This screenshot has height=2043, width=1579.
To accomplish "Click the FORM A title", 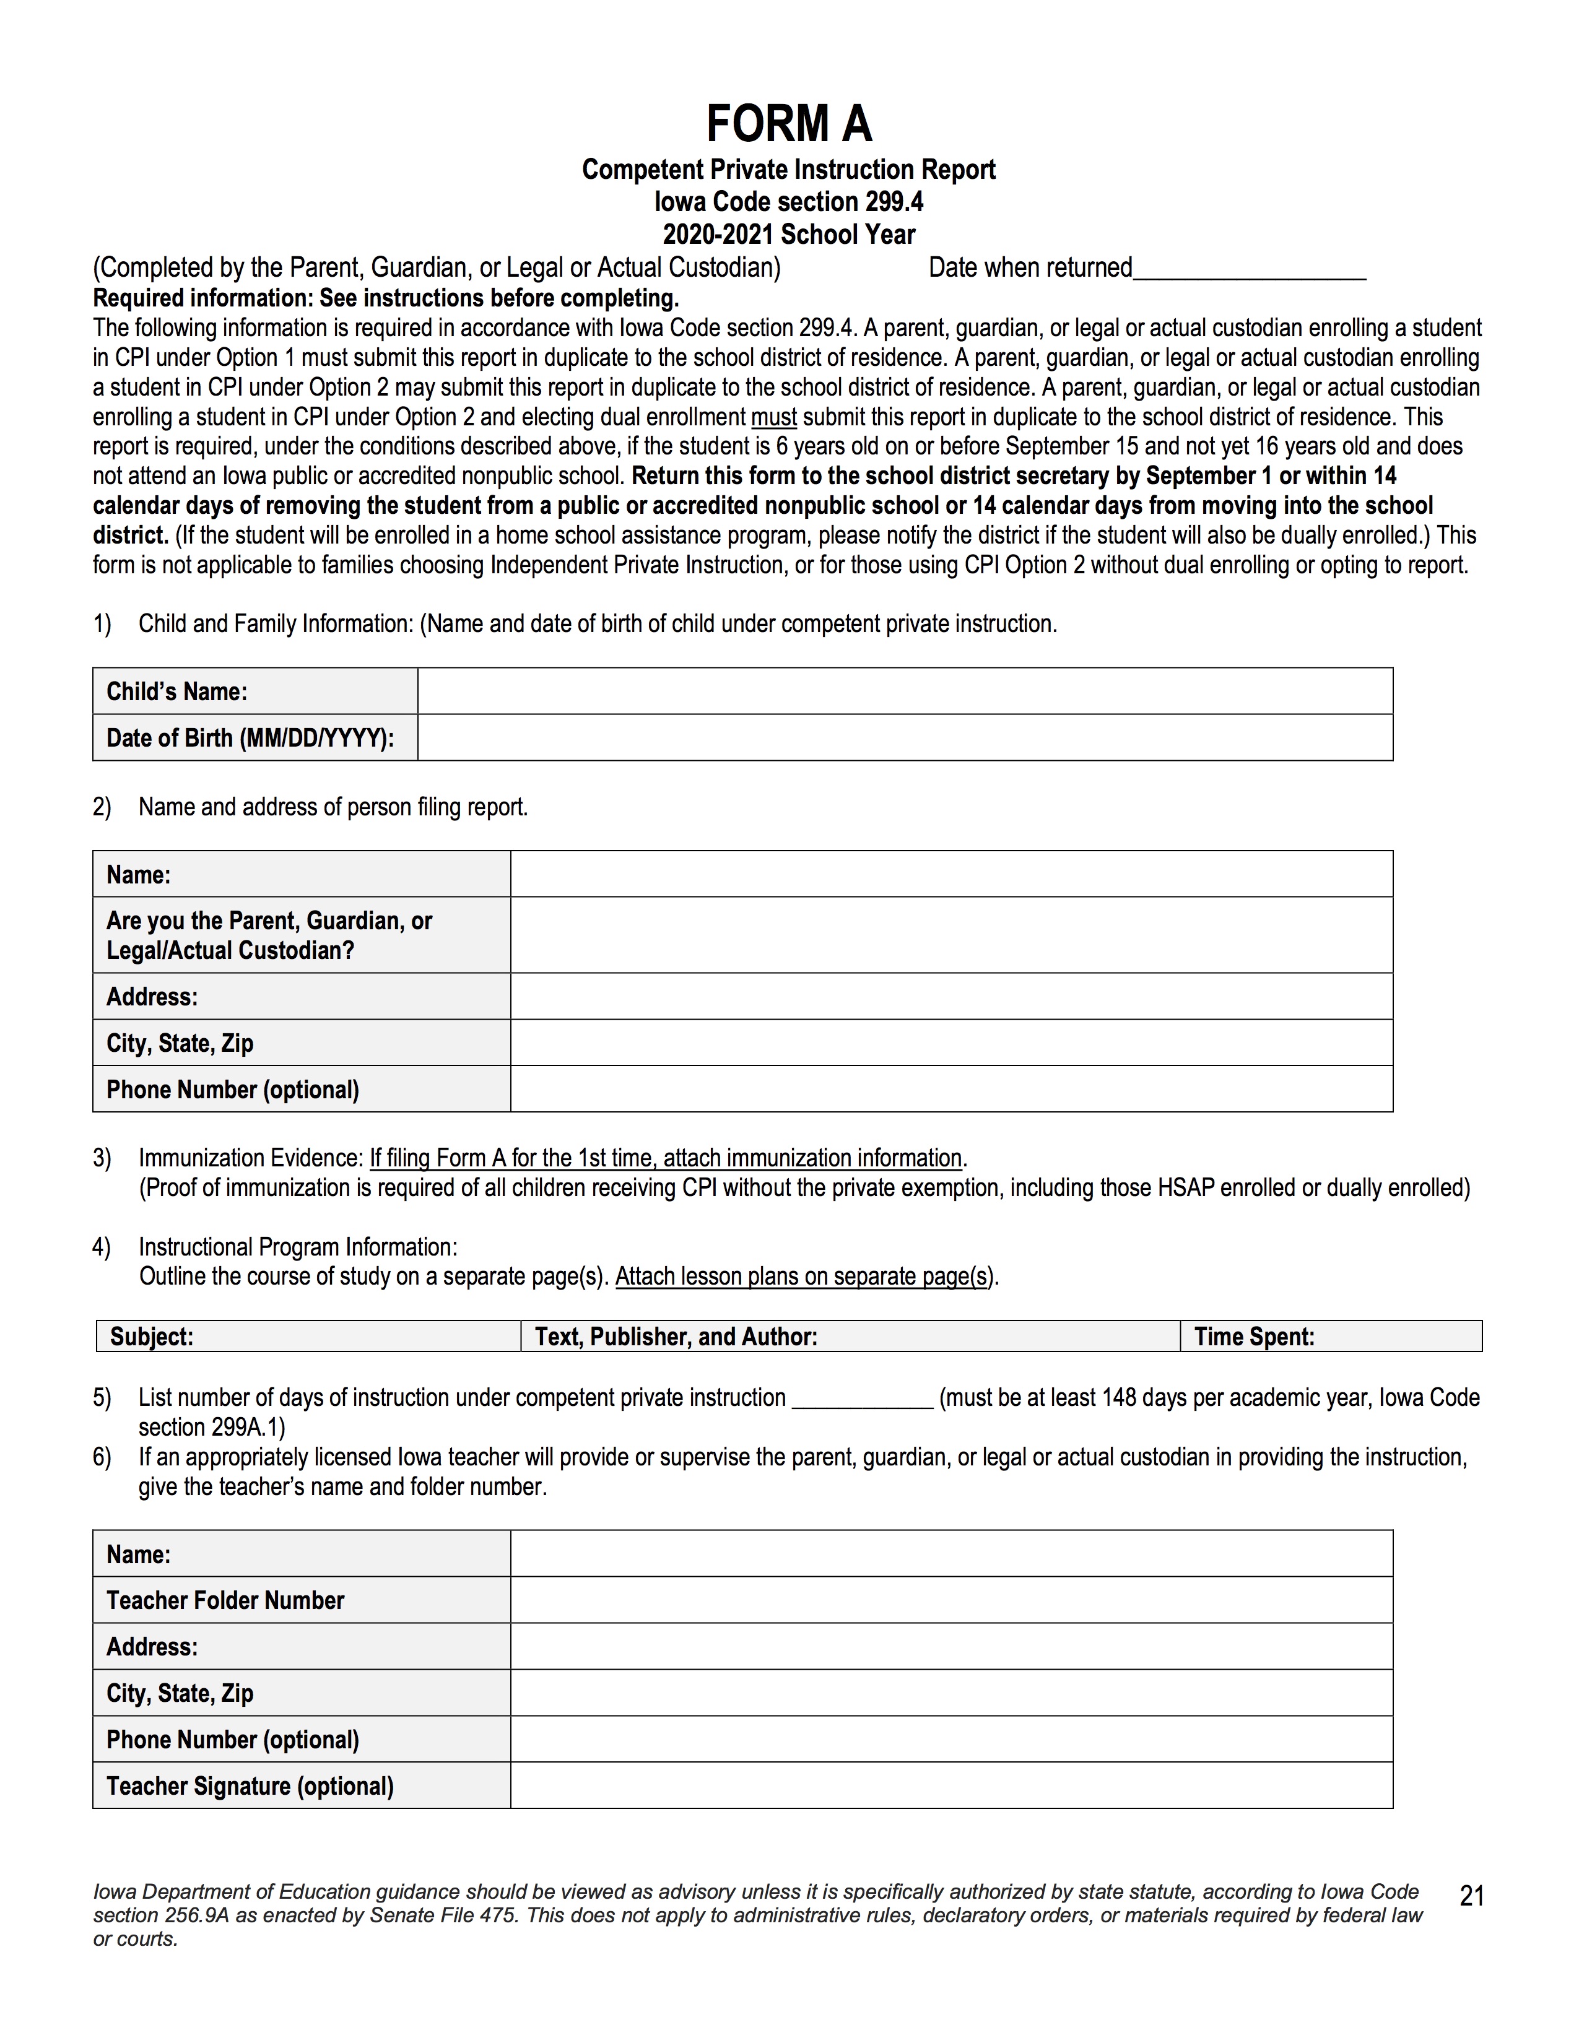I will point(788,123).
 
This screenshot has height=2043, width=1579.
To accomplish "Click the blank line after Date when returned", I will point(1249,269).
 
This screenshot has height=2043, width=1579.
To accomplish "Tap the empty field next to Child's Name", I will point(905,692).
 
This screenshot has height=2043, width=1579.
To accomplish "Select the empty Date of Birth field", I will point(905,738).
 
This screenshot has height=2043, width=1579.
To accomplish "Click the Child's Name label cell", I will point(254,692).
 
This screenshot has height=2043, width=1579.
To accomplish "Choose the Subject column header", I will point(308,1337).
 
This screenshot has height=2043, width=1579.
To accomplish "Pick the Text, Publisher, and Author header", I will point(850,1337).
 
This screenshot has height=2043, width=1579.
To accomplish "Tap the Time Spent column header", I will point(1330,1337).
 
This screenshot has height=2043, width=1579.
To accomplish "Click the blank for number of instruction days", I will point(861,1399).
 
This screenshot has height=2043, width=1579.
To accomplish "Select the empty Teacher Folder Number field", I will point(951,1600).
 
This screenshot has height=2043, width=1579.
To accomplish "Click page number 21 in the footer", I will point(1471,1896).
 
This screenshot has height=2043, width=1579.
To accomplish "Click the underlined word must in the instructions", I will point(773,417).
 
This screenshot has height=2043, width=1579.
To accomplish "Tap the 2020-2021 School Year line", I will point(788,235).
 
